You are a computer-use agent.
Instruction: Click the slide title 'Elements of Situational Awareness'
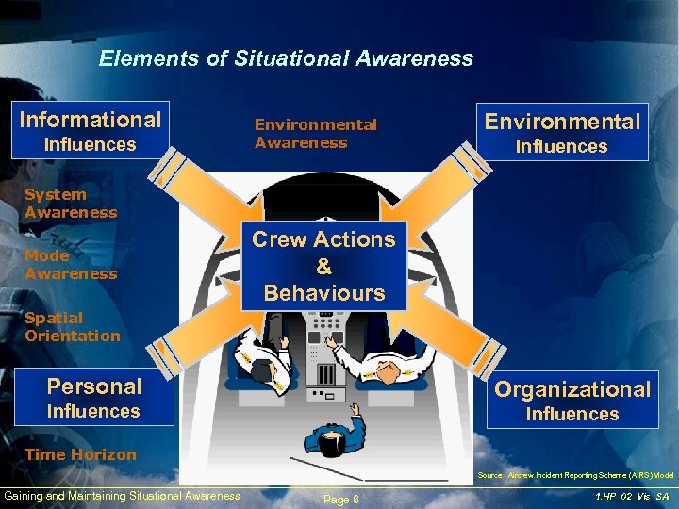click(x=286, y=58)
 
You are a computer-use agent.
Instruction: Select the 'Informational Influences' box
click(x=91, y=130)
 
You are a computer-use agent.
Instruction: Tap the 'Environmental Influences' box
click(x=562, y=132)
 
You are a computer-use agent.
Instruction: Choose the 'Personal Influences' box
click(x=94, y=397)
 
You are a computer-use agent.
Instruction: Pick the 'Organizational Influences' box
click(x=572, y=400)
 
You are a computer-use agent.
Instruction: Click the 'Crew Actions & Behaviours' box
click(x=323, y=266)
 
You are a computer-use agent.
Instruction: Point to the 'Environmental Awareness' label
click(x=315, y=133)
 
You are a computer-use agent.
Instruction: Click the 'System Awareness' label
click(x=71, y=203)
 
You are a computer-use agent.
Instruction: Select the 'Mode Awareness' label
click(x=71, y=264)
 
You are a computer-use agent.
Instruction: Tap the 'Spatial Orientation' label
click(x=73, y=326)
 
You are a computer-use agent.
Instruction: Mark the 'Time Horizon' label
click(x=80, y=454)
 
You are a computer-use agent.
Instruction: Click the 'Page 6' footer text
click(x=340, y=499)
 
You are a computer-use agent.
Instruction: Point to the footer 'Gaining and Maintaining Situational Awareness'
click(x=122, y=496)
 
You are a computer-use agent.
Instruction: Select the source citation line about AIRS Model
click(x=575, y=475)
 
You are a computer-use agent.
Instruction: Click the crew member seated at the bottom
click(x=335, y=434)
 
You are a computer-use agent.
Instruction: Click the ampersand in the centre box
click(x=323, y=266)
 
